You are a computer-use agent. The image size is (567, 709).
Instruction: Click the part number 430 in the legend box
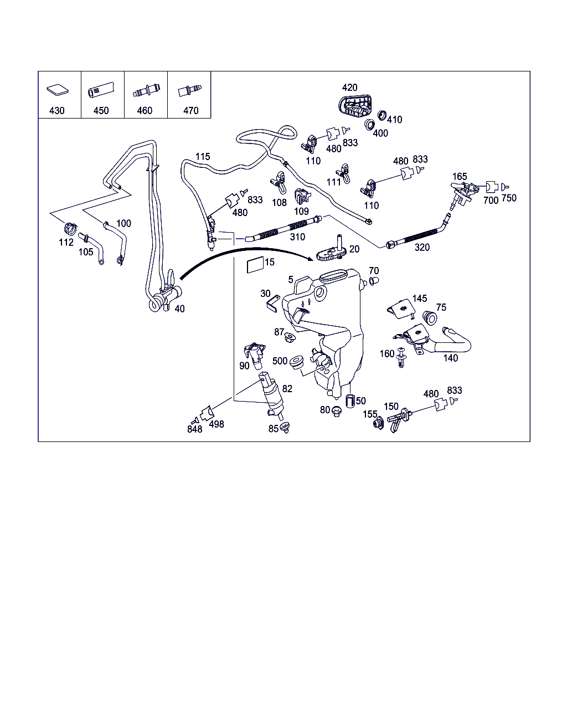click(x=57, y=110)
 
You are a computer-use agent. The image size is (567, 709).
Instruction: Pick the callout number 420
click(x=349, y=88)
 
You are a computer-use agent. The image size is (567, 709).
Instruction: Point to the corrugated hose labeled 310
click(x=282, y=228)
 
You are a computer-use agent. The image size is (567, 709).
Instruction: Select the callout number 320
click(x=422, y=247)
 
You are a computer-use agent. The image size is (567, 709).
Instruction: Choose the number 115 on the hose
click(x=203, y=157)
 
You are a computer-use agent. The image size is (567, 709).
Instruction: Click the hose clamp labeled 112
click(x=70, y=227)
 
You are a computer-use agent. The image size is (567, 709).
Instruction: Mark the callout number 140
click(x=451, y=358)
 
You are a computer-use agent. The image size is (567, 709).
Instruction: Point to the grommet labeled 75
click(x=430, y=317)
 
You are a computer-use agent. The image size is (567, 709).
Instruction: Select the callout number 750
click(x=509, y=198)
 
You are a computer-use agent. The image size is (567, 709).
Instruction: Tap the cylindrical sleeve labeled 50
click(x=349, y=400)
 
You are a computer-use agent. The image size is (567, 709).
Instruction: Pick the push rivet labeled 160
click(x=401, y=358)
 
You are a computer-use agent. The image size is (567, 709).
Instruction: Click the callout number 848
click(x=194, y=429)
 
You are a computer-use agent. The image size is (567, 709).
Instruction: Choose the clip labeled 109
click(x=301, y=196)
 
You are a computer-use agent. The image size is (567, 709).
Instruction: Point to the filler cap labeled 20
click(x=333, y=252)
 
